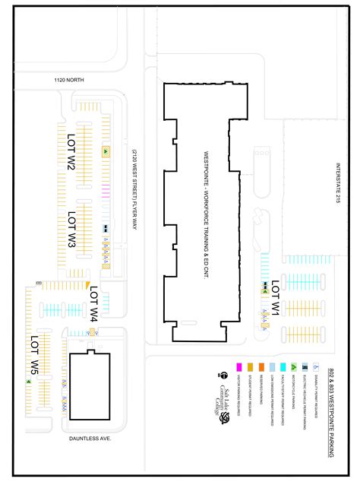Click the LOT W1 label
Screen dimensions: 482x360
tap(276, 297)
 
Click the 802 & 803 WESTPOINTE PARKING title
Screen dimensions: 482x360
tap(333, 411)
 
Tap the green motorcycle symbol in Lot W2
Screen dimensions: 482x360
tap(105, 151)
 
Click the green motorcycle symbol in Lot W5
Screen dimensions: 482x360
tap(30, 382)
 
